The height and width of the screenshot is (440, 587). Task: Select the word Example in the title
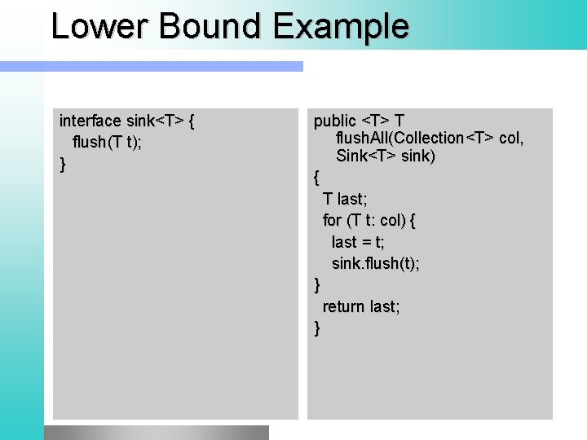(x=342, y=26)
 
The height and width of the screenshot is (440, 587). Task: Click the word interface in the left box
(x=90, y=121)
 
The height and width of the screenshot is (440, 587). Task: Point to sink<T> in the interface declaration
(x=155, y=121)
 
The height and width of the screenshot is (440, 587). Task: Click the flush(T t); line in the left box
(x=107, y=143)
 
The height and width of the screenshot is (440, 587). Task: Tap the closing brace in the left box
(x=63, y=165)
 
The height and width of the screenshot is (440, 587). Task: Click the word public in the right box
(x=335, y=121)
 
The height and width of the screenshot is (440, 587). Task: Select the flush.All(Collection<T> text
(x=412, y=139)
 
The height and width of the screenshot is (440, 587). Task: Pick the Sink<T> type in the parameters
(x=362, y=156)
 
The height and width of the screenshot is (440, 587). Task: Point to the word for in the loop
(x=333, y=221)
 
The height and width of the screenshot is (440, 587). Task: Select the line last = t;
(x=358, y=242)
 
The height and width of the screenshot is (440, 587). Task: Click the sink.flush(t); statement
(x=376, y=263)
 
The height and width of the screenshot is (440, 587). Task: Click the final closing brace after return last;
(x=317, y=328)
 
